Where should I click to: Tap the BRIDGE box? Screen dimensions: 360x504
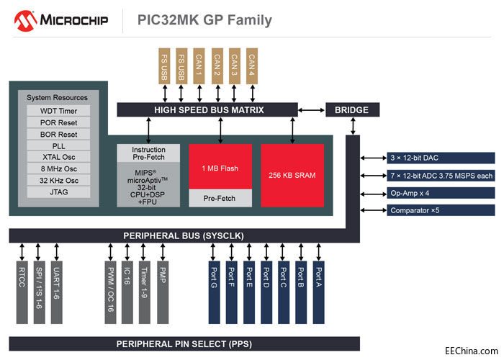(352, 110)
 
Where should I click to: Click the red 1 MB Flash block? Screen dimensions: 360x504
(220, 167)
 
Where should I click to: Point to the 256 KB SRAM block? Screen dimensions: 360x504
(292, 175)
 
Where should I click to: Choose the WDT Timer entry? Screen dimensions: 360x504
(58, 112)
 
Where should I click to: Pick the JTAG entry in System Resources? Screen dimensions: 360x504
(58, 192)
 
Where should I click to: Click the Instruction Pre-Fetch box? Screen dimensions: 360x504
(148, 154)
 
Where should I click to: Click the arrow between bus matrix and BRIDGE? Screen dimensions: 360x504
(311, 110)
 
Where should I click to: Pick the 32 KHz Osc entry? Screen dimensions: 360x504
(58, 181)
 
